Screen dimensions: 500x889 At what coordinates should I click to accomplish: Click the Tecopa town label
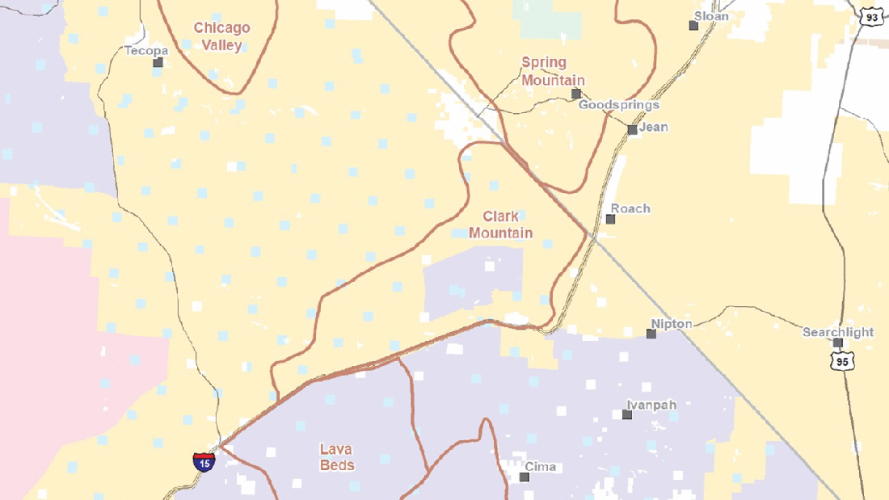coord(146,51)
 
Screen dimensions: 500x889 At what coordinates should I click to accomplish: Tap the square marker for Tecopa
coord(158,62)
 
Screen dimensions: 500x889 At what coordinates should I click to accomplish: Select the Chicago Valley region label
coord(221,36)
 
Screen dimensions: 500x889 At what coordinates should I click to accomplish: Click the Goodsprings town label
coord(618,105)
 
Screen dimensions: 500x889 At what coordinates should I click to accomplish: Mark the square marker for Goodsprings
coord(576,94)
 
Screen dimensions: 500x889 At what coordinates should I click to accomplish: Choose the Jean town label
coord(653,127)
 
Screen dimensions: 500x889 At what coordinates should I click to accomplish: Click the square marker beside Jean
coord(632,129)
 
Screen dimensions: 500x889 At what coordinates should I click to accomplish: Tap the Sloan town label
coord(711,16)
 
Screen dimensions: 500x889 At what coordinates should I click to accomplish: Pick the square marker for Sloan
coord(693,26)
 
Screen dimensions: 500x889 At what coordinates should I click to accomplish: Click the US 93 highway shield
coord(871,16)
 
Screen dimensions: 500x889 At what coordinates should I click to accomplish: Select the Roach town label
coord(630,208)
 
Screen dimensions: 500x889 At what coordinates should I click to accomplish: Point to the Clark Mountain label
coord(501,225)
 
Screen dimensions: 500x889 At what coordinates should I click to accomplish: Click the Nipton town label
coord(672,324)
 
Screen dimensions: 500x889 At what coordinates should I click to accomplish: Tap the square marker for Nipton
coord(651,333)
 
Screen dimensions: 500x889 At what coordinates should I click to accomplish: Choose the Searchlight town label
coord(838,332)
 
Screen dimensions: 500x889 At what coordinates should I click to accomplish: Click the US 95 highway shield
coord(843,362)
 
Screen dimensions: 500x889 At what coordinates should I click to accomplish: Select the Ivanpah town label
coord(651,405)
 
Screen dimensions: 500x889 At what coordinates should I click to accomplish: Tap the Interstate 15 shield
coord(204,462)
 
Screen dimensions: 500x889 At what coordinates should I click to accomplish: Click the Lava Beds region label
coord(336,457)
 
